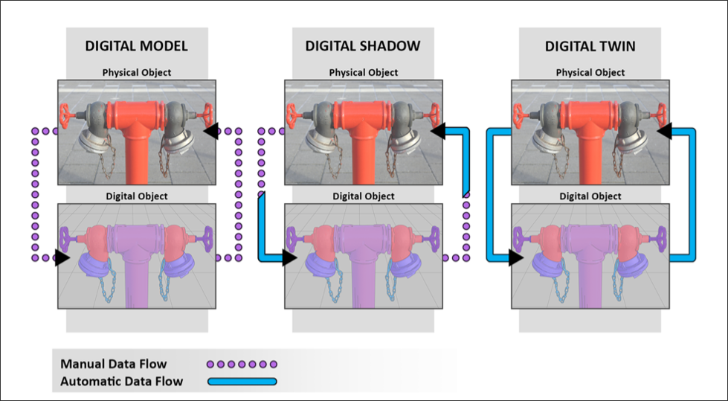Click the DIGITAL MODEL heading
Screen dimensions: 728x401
coord(137,46)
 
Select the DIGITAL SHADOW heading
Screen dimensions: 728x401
coord(363,46)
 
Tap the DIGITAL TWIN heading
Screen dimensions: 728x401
coord(590,46)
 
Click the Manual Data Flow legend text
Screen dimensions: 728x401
coord(113,364)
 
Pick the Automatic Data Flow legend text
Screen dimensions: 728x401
coord(122,382)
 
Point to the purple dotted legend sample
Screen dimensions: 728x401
coord(242,365)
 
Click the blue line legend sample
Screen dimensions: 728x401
coord(242,382)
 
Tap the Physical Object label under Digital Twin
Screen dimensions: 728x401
coord(590,72)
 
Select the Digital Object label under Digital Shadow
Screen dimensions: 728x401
coord(364,196)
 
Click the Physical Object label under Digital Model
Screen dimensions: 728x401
coord(137,72)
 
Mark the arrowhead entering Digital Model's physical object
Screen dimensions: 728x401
coord(211,131)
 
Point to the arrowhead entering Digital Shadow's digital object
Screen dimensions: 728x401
coord(290,257)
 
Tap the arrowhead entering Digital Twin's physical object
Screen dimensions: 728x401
coord(664,131)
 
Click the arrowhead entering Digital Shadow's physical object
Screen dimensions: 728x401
coord(438,131)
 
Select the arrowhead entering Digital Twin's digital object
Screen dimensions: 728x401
coord(516,257)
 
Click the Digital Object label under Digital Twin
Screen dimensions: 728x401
coord(590,196)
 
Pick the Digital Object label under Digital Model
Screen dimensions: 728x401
coord(137,196)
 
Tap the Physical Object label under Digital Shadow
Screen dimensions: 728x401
coord(364,72)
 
